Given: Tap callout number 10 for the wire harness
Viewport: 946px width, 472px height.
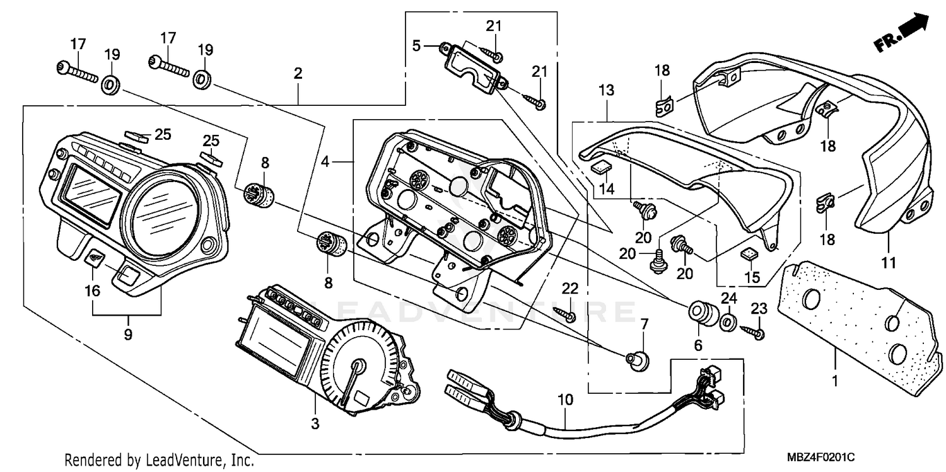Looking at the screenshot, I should point(566,399).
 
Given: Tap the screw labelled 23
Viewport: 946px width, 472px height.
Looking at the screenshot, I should point(754,330).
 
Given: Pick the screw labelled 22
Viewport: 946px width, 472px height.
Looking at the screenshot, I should point(565,313).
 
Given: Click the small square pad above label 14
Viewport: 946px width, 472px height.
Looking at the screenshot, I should point(600,166).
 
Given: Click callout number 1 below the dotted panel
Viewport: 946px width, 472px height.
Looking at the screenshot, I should point(836,381).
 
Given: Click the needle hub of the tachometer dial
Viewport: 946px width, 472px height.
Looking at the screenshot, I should point(359,366).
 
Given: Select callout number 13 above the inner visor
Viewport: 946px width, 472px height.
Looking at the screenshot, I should point(606,91).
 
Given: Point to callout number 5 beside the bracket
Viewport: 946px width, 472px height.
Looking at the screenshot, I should point(416,45).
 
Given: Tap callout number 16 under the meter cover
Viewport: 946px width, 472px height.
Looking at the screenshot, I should point(93,291).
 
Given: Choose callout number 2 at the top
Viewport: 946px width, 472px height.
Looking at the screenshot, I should point(298,73).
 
